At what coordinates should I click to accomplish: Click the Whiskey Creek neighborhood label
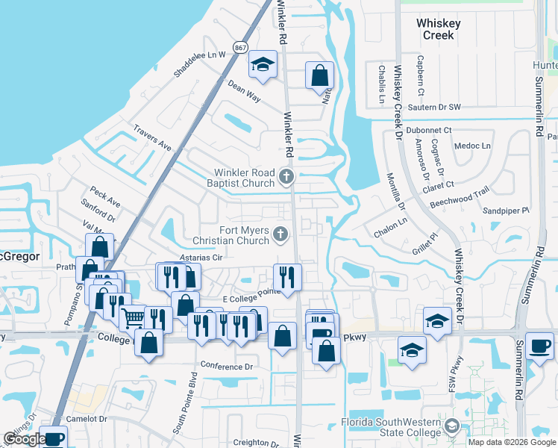(x=438, y=29)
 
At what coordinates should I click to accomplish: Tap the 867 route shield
(x=239, y=47)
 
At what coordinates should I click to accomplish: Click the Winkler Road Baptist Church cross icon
(x=286, y=177)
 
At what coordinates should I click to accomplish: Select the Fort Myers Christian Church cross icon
(x=280, y=234)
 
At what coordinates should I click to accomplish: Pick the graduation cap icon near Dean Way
(x=263, y=65)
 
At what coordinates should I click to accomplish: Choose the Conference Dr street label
(x=228, y=367)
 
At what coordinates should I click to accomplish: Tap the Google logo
(x=25, y=439)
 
